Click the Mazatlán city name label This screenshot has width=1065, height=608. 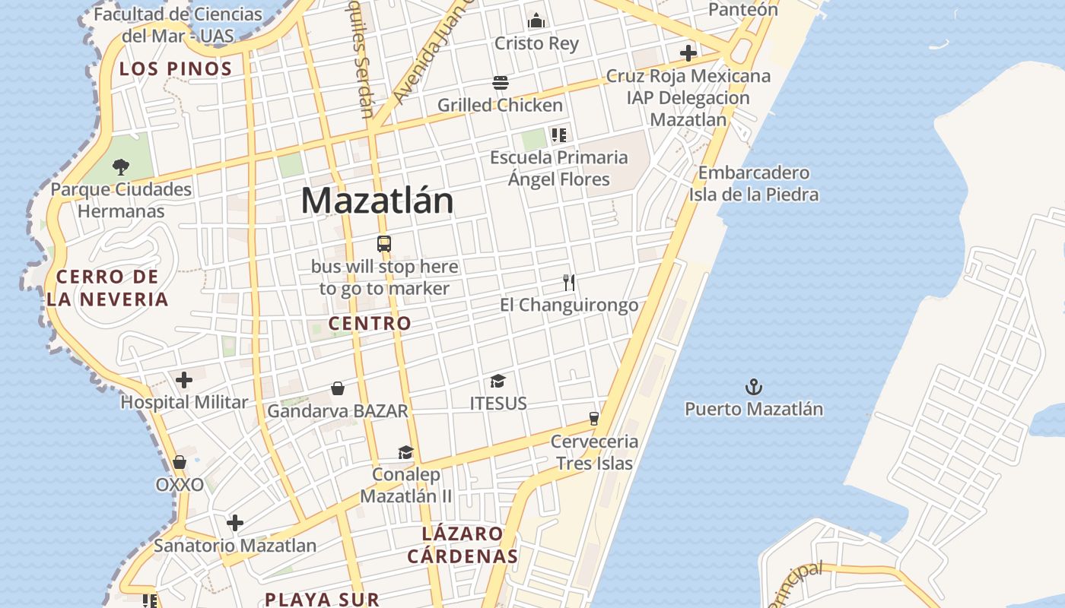377,201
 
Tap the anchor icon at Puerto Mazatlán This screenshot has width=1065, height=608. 753,387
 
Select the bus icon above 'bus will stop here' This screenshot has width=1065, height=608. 384,244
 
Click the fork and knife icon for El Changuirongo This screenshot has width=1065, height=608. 569,283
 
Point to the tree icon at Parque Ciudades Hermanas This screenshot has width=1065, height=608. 120,166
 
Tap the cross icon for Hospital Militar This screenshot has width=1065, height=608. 184,380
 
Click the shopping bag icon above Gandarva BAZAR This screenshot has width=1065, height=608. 338,388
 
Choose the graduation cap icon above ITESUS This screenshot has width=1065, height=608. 498,381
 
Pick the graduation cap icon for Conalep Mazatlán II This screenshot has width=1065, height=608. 405,452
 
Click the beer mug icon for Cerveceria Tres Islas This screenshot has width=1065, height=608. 594,418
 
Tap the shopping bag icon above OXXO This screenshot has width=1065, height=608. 180,462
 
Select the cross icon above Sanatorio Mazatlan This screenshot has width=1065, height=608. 235,523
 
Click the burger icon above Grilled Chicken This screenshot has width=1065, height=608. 500,82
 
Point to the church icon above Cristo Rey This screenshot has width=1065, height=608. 536,21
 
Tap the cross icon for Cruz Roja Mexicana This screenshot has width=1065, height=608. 688,53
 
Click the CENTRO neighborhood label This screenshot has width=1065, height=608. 370,323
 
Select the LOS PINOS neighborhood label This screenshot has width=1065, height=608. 176,68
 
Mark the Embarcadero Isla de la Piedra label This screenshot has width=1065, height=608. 754,183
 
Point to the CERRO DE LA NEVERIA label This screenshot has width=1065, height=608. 107,287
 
